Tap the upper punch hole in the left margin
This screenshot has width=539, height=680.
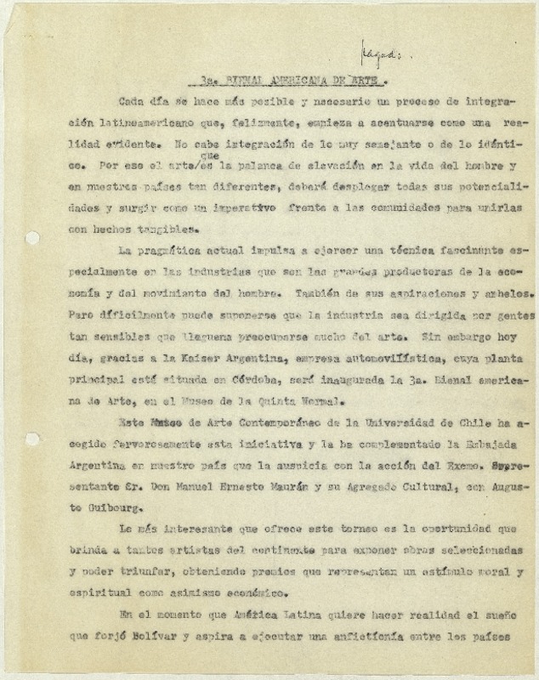tap(32, 238)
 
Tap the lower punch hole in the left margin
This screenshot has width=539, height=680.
tap(32, 439)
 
